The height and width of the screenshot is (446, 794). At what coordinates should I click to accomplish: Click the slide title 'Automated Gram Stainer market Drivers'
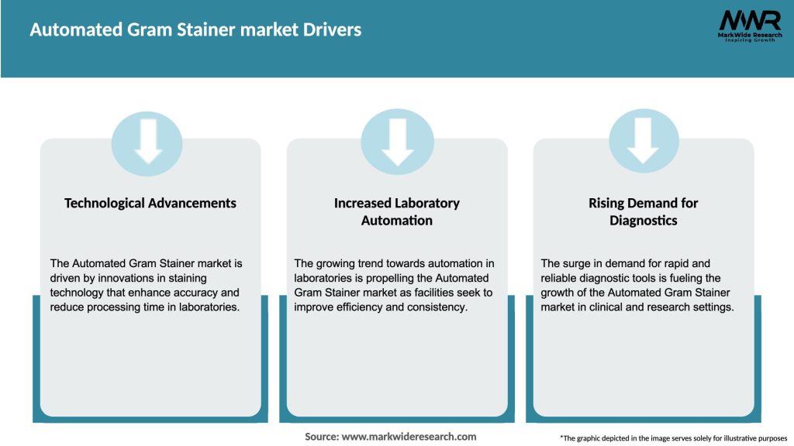click(195, 30)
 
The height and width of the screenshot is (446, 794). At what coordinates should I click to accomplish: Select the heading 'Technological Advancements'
click(150, 203)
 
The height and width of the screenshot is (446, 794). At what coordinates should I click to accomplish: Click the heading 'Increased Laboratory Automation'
click(397, 211)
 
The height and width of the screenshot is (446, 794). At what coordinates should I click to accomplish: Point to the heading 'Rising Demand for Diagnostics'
click(643, 211)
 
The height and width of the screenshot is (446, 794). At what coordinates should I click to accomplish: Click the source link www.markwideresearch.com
click(409, 437)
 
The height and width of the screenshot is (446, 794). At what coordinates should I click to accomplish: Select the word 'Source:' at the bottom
click(321, 437)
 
